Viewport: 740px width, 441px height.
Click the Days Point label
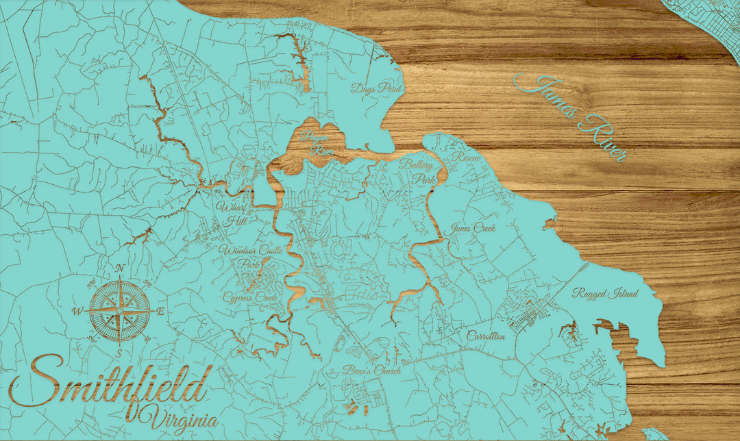coord(375,88)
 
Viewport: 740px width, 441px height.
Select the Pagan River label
coord(316,144)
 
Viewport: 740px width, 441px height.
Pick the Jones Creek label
coord(473,229)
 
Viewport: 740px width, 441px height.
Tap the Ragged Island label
coord(606,293)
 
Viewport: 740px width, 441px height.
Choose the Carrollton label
coord(486,336)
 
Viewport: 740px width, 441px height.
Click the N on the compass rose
coord(121,268)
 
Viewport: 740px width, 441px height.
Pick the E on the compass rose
coord(161,312)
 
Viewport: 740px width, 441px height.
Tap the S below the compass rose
coord(120,353)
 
